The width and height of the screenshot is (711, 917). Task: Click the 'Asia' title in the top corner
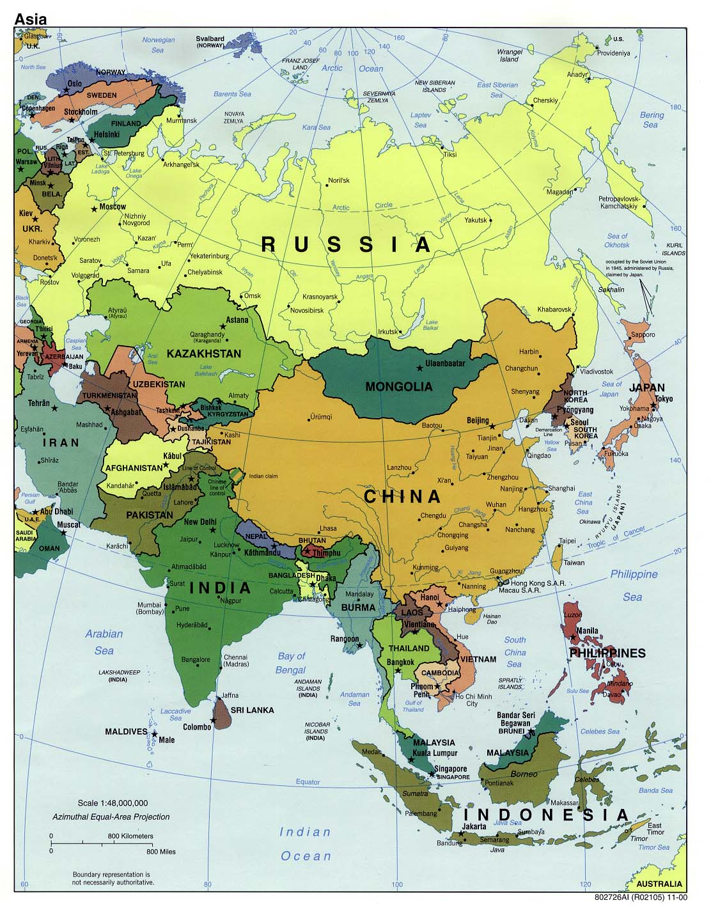30,19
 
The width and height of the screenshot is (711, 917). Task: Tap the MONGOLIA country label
398,386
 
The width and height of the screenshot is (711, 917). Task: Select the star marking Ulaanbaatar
420,368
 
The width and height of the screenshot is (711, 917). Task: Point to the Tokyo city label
664,399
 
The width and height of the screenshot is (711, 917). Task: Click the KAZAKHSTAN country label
203,354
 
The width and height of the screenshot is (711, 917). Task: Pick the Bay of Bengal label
291,662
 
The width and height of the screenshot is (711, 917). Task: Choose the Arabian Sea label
104,642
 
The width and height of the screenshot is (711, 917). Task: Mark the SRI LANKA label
252,710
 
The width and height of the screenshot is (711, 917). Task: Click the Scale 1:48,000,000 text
113,803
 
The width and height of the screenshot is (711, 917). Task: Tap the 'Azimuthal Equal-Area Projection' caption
111,817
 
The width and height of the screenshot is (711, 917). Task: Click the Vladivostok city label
596,372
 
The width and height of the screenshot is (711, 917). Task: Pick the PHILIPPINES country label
607,653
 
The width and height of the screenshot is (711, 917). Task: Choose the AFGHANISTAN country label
134,467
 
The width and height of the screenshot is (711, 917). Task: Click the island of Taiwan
556,556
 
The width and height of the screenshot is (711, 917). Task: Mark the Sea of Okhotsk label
618,240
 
